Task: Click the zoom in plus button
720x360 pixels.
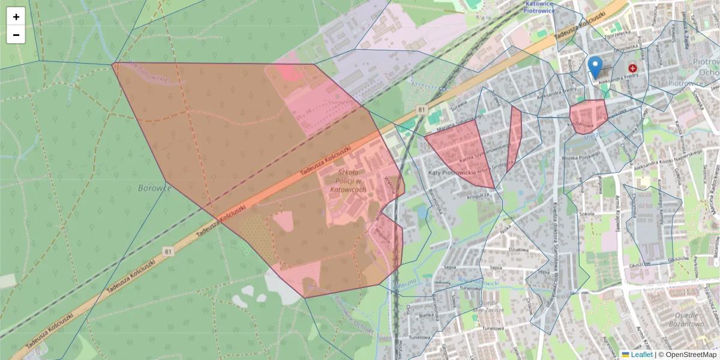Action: click(x=16, y=17)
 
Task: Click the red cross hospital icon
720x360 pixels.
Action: click(x=632, y=69)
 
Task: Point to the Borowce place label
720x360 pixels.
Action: click(x=155, y=188)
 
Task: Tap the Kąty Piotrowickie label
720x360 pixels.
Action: click(x=452, y=173)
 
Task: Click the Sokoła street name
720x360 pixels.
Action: click(x=586, y=213)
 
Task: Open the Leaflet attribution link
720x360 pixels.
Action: click(x=641, y=355)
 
